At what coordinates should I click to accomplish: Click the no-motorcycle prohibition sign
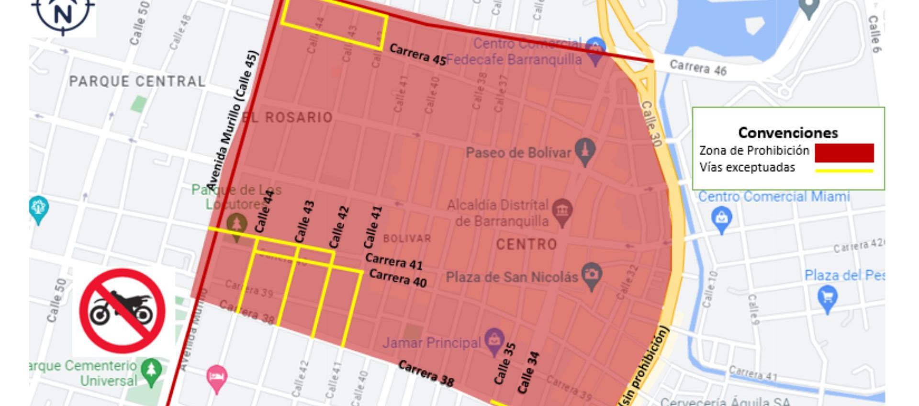pos(123,311)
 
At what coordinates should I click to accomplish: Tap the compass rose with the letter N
pos(63,14)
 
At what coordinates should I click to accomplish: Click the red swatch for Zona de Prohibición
pos(844,153)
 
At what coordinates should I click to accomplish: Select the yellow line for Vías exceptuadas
pos(844,170)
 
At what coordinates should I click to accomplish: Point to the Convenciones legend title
pos(788,132)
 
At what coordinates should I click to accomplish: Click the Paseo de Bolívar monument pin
pos(585,151)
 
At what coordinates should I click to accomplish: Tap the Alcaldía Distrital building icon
pos(562,212)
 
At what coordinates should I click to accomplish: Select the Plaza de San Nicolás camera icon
pos(592,275)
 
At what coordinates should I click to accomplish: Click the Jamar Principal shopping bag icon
pos(493,341)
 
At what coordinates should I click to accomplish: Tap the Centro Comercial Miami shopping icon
pos(721,219)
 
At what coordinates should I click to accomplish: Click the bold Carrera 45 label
pos(417,55)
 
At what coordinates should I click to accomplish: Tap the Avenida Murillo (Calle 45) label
pos(232,120)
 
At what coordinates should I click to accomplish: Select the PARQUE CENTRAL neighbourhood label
pos(137,81)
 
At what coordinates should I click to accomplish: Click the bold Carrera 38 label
pos(426,373)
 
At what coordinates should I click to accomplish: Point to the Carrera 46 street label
pos(697,68)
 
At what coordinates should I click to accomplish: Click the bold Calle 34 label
pos(529,372)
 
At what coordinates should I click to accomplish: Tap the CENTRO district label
pos(526,245)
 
